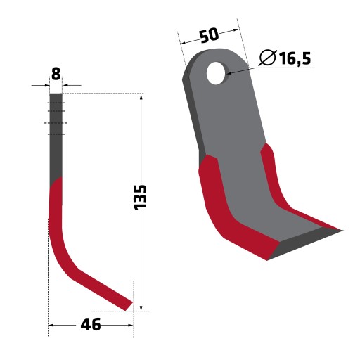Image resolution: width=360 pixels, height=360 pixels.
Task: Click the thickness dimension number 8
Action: click(x=56, y=74)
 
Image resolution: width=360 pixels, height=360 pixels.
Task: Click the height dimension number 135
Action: click(x=140, y=198)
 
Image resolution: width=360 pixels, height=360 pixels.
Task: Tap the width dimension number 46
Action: click(x=91, y=325)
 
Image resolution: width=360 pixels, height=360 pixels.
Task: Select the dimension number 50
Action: click(x=210, y=35)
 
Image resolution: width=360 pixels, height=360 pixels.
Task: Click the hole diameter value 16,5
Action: click(x=295, y=58)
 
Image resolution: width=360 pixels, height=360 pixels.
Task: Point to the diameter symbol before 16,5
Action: click(x=268, y=58)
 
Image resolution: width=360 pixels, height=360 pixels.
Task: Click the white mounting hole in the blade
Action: click(x=216, y=73)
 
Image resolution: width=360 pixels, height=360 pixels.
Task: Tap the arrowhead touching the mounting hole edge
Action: click(x=229, y=73)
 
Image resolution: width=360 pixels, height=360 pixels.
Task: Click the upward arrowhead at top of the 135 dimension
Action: click(x=141, y=97)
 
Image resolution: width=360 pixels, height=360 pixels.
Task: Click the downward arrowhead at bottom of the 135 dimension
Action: click(x=141, y=307)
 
